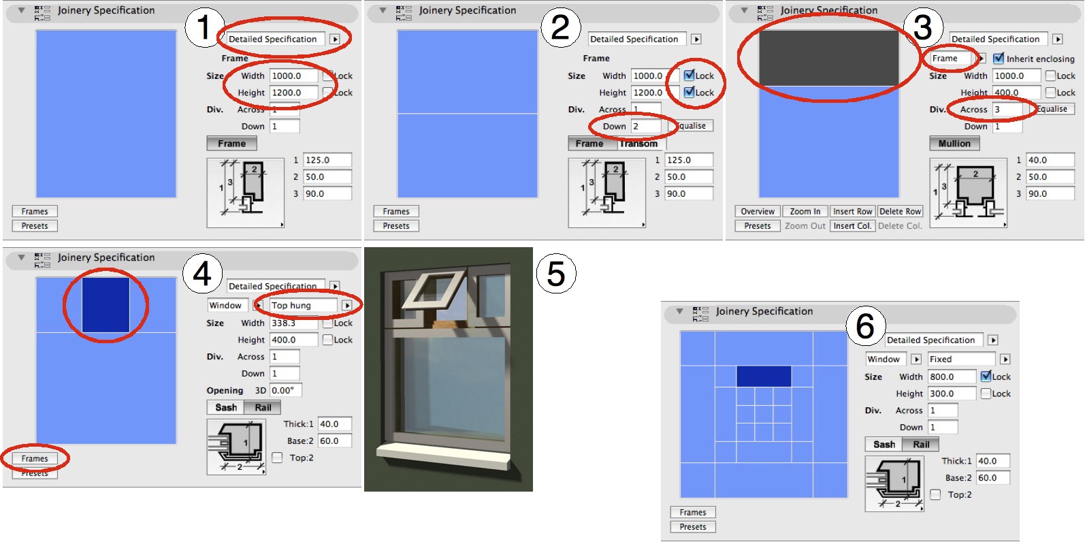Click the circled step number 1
point(204,28)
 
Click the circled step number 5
point(556,274)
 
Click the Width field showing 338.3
point(293,323)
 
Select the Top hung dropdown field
point(303,306)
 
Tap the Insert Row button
point(852,212)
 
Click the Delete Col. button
point(900,226)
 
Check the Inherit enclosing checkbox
point(999,59)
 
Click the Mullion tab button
point(954,144)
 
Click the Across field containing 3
point(1007,109)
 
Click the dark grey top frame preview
point(828,58)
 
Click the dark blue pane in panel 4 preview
point(106,305)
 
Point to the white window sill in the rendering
point(442,454)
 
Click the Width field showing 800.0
point(951,377)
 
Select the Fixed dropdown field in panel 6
point(960,360)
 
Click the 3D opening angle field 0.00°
point(285,391)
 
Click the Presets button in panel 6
point(693,527)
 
